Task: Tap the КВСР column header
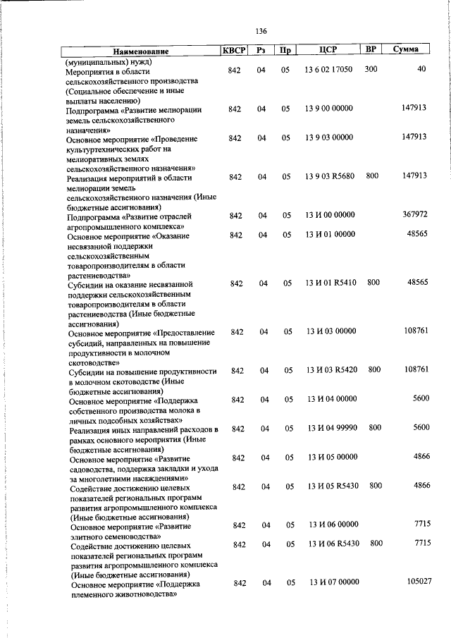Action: tap(235, 51)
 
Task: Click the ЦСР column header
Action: tap(329, 50)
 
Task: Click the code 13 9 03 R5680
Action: tap(329, 176)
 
